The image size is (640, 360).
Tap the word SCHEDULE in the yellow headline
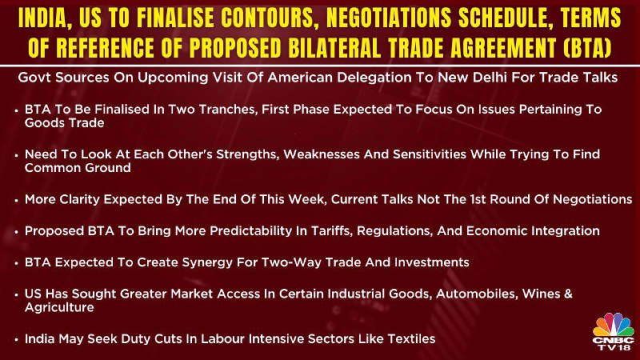tap(505, 18)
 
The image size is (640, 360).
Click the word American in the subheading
tap(298, 77)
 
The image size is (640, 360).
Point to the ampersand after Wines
tap(568, 294)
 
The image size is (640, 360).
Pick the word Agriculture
tap(59, 307)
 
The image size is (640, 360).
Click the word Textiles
tap(411, 338)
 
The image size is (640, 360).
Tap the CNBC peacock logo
tap(614, 331)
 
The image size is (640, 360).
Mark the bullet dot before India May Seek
tap(16, 339)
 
